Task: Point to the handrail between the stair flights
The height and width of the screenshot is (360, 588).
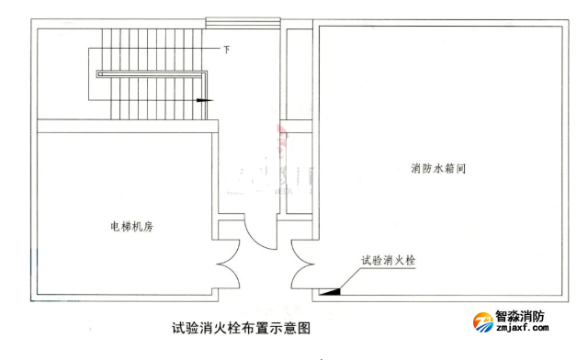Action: pos(147,73)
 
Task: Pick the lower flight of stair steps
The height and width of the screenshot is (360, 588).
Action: pos(152,99)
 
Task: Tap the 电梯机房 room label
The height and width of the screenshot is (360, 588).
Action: pos(130,226)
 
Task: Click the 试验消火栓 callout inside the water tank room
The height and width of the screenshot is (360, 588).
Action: pos(389,260)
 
